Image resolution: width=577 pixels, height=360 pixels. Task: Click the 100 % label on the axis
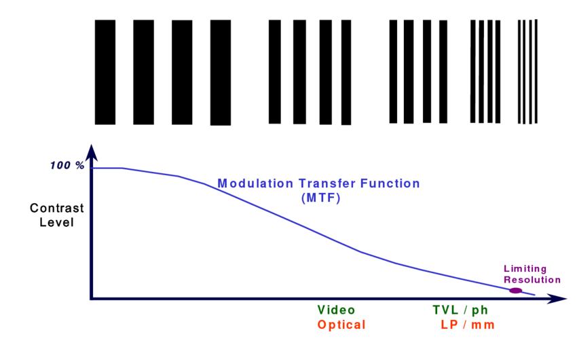click(x=67, y=165)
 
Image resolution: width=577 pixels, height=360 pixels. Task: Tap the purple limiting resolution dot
click(x=515, y=291)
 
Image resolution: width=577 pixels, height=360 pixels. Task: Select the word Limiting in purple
click(x=525, y=269)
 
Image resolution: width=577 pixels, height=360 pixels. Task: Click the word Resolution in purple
click(x=532, y=280)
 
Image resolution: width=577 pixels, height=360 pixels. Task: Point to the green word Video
click(x=336, y=310)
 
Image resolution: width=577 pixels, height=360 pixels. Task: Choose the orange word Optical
click(x=341, y=325)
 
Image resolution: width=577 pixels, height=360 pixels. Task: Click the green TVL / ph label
click(x=460, y=310)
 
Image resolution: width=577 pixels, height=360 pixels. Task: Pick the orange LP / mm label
click(x=468, y=325)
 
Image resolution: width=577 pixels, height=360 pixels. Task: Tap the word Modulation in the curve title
click(x=255, y=183)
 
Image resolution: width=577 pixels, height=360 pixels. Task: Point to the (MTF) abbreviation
click(x=321, y=198)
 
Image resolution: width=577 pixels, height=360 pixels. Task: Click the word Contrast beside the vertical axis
click(x=56, y=208)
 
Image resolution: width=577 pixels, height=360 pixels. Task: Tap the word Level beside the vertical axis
click(x=56, y=222)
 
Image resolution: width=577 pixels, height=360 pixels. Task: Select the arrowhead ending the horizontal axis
click(x=557, y=298)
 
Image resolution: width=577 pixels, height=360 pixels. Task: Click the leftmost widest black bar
click(x=105, y=72)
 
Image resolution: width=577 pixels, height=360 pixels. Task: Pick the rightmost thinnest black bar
click(x=536, y=71)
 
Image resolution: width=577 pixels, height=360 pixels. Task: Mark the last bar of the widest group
click(x=221, y=73)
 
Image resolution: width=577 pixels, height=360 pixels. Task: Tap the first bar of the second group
click(x=274, y=72)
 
